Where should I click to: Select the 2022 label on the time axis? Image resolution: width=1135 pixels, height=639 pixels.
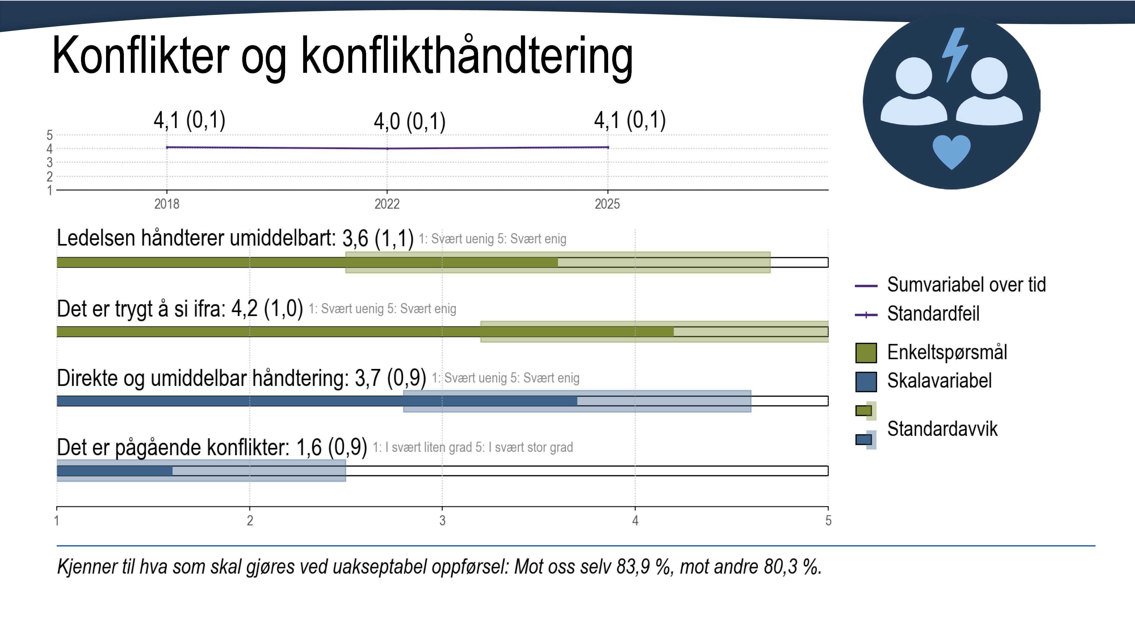(x=387, y=204)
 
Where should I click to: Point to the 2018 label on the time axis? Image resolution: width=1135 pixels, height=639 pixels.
(x=167, y=204)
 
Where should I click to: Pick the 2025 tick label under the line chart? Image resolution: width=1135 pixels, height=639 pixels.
(x=607, y=204)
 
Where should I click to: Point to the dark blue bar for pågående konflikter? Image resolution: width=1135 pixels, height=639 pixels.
(x=115, y=471)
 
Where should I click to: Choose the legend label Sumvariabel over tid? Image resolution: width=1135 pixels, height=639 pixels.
(x=966, y=285)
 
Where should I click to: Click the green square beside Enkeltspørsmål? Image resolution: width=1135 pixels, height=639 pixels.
(x=866, y=353)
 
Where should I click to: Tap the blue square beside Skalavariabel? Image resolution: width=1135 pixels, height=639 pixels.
(x=866, y=381)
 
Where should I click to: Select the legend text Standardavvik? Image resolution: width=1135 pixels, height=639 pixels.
(x=942, y=429)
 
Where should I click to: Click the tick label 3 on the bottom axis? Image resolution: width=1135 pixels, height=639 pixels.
(x=442, y=521)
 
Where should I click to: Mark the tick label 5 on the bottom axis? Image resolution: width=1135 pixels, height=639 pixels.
(x=828, y=521)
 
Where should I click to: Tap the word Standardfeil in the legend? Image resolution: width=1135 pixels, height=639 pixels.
(x=933, y=313)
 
